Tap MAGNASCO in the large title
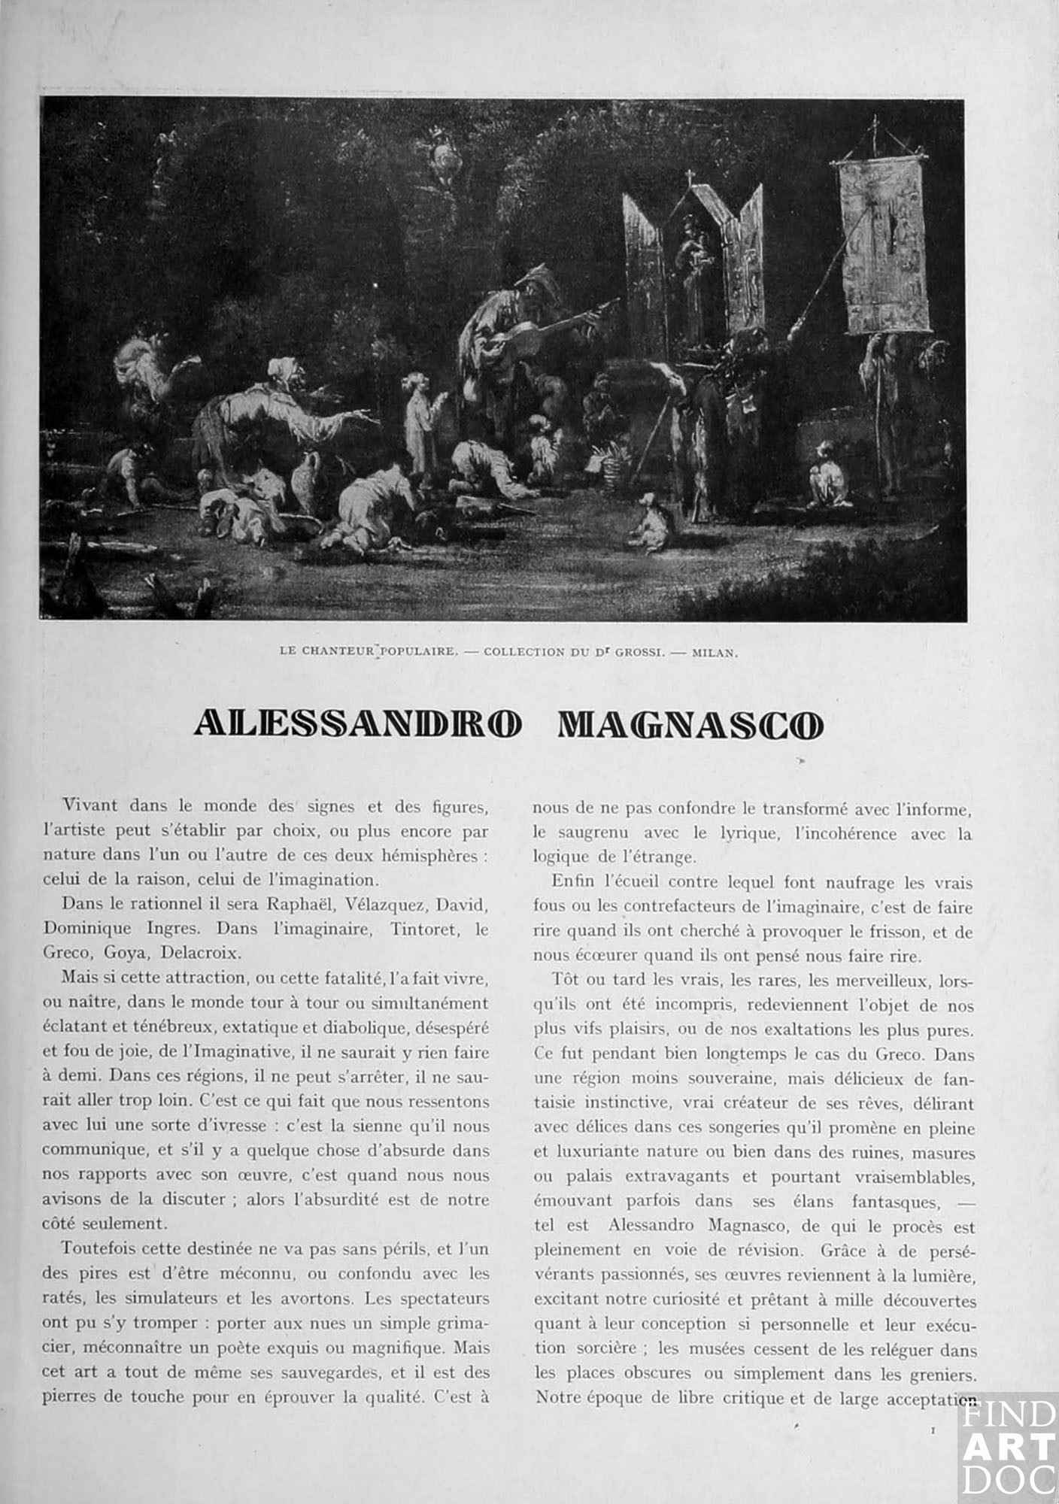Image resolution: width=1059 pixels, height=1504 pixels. click(690, 723)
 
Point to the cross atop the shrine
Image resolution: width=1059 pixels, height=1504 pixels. click(687, 177)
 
